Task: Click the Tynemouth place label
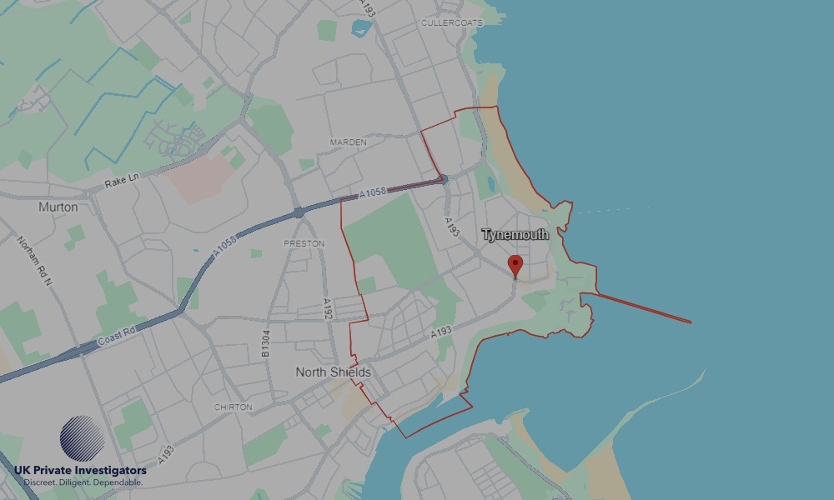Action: pos(515,235)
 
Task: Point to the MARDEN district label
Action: pos(348,142)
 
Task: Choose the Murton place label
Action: pos(58,207)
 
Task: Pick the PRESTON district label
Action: pos(298,244)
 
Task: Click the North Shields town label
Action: pos(333,372)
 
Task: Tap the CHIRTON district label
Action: pos(233,407)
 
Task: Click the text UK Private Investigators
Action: pos(80,471)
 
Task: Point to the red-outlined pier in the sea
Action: pos(642,307)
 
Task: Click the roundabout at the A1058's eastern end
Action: pos(444,179)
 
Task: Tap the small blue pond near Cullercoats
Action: pos(361,27)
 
